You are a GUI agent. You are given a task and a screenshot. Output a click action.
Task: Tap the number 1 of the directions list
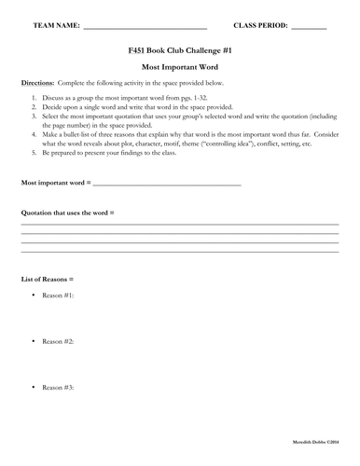click(x=34, y=97)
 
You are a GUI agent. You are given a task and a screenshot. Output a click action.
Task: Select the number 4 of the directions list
click(x=34, y=132)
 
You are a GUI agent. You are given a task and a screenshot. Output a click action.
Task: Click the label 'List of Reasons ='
click(x=47, y=279)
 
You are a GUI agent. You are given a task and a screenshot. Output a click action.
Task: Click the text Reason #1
click(x=58, y=295)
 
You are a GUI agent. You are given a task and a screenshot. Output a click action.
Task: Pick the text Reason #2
click(x=58, y=341)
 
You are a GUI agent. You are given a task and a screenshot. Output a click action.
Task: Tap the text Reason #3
click(x=58, y=387)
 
